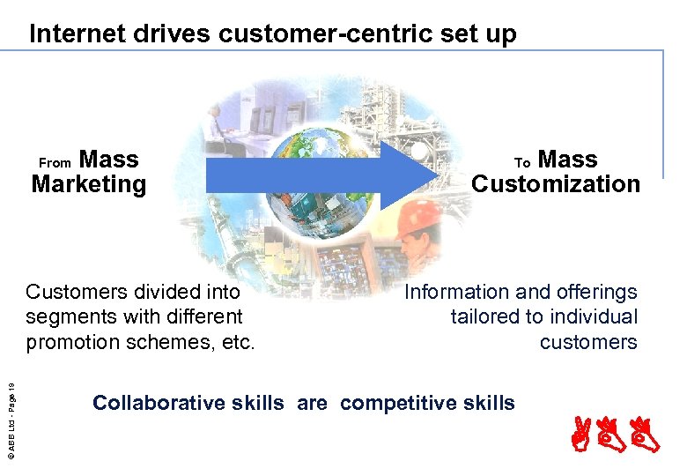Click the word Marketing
coord(88,184)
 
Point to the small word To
coord(522,163)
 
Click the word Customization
coord(555,184)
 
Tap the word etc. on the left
coord(239,341)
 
